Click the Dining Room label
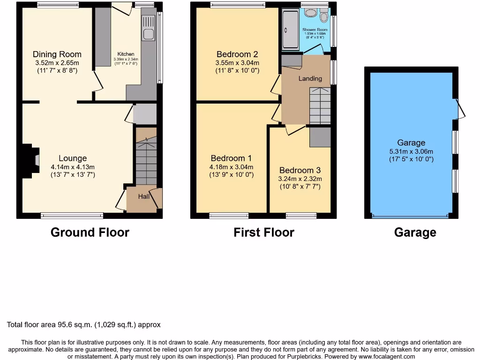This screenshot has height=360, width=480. [57, 54]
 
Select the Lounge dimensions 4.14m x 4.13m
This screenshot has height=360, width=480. [73, 167]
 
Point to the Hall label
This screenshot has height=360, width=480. [143, 197]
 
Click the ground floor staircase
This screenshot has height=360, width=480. [146, 157]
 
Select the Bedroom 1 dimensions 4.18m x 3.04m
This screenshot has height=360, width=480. [232, 167]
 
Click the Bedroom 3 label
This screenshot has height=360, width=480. [300, 171]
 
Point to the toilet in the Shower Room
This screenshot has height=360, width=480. [323, 17]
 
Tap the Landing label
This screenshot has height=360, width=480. [310, 78]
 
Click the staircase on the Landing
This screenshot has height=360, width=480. [320, 106]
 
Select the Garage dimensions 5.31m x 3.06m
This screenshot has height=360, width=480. [411, 151]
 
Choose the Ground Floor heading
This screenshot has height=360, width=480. [90, 232]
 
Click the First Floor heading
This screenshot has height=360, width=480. [264, 232]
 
